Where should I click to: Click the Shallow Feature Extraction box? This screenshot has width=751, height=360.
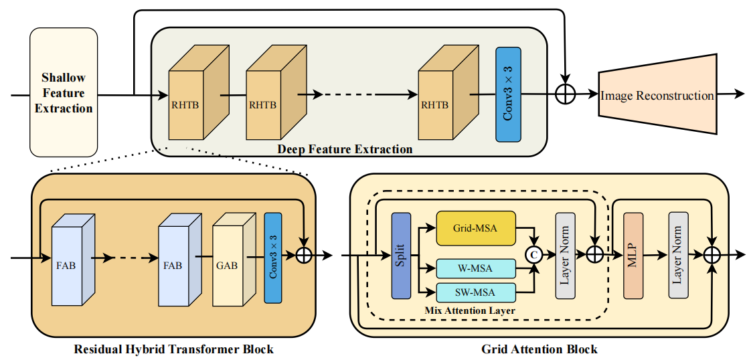tap(64, 92)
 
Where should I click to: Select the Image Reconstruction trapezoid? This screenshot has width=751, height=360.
tap(657, 95)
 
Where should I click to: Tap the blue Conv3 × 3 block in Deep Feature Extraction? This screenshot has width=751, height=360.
tap(508, 94)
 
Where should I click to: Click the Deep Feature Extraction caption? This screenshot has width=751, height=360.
tap(345, 149)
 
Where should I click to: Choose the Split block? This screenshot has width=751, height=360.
tap(400, 256)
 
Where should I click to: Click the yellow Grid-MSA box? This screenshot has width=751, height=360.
tap(476, 228)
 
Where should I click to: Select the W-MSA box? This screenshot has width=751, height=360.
tap(476, 269)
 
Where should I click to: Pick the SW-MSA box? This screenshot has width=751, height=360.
tap(476, 292)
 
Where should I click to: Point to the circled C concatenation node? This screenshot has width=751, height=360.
tap(534, 254)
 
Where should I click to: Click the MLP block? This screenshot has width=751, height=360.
tap(633, 256)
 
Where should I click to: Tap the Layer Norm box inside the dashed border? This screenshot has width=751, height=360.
tap(566, 256)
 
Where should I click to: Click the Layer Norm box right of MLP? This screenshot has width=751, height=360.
tap(678, 256)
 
